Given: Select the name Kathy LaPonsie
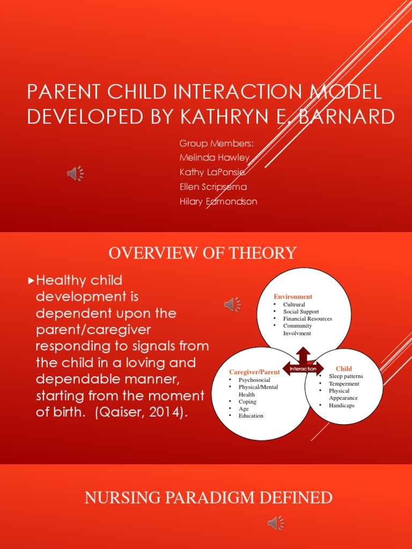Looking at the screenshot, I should click(212, 172).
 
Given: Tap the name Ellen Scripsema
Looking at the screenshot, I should click(213, 187).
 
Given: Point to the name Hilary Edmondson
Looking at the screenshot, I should click(218, 202).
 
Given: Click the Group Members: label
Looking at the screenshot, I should click(216, 143).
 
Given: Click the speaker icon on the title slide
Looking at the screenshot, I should click(75, 173).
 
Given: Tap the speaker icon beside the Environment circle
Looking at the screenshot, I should click(232, 305).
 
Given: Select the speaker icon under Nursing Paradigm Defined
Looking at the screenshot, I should click(276, 523).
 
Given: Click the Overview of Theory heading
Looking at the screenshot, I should click(202, 253).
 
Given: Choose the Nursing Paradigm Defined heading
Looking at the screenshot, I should click(208, 498).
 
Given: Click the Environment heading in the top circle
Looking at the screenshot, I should click(293, 296).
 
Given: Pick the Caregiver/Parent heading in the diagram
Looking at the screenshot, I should click(254, 372).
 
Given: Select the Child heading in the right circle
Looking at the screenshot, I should click(344, 368).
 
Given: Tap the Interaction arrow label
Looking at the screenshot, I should click(303, 369).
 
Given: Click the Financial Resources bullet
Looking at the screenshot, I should click(307, 318).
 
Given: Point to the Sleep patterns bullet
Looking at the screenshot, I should click(346, 376).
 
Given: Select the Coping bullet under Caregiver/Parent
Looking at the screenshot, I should click(247, 402).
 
